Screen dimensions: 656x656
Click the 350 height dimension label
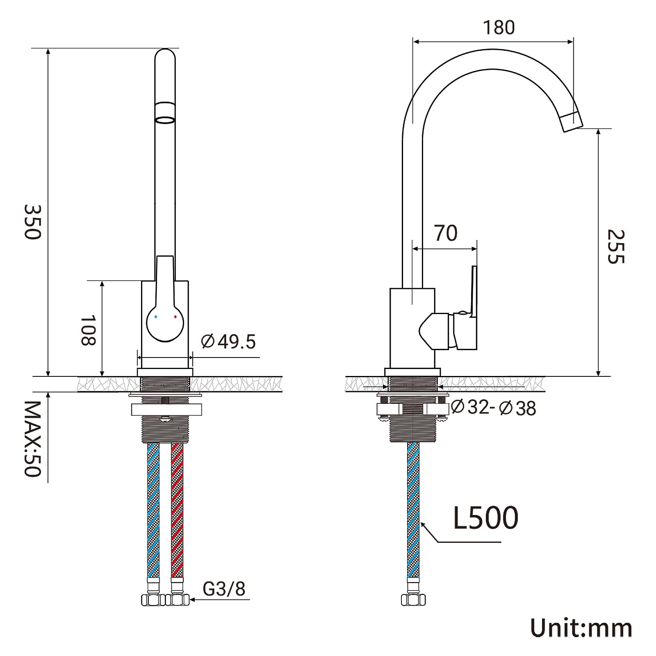click(x=33, y=222)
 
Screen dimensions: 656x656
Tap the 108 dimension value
click(x=88, y=330)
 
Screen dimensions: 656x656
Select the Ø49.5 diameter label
click(x=228, y=342)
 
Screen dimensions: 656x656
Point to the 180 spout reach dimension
click(x=499, y=27)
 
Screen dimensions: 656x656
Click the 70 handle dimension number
click(x=446, y=233)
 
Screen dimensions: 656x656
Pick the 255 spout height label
click(x=616, y=247)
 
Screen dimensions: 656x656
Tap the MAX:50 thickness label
click(x=33, y=439)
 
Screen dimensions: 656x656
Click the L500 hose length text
click(x=486, y=518)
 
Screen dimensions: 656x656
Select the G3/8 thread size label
click(x=224, y=589)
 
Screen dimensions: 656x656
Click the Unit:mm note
click(x=581, y=628)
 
